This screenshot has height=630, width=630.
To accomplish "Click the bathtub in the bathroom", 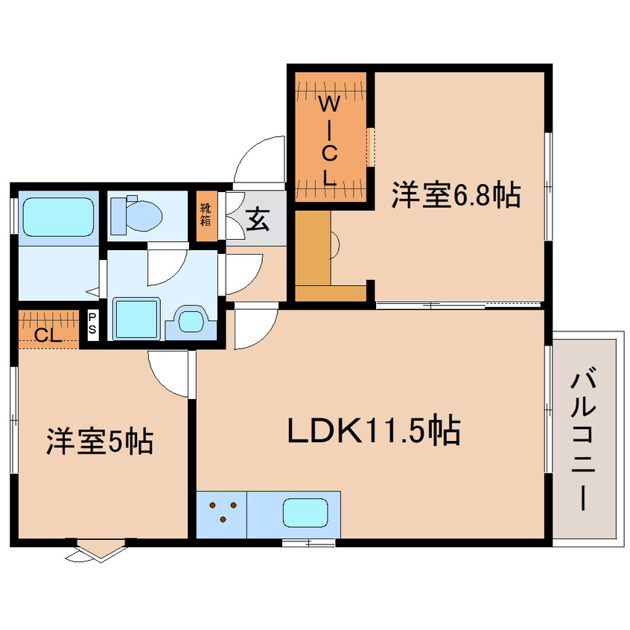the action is pyautogui.click(x=59, y=217).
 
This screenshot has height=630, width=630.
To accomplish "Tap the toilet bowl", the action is pyautogui.click(x=144, y=217).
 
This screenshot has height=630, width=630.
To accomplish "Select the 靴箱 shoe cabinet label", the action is pyautogui.click(x=206, y=214).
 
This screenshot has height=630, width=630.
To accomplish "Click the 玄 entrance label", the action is pyautogui.click(x=257, y=220).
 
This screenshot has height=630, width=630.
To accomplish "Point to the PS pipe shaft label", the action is pyautogui.click(x=92, y=324).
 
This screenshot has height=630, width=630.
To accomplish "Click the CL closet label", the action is pyautogui.click(x=48, y=334).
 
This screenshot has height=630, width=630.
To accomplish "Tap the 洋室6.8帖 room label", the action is pyautogui.click(x=456, y=196).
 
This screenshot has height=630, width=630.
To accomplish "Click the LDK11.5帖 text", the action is pyautogui.click(x=374, y=430).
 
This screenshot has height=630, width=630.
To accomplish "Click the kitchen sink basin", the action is pyautogui.click(x=305, y=512).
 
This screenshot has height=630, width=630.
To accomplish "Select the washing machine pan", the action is pyautogui.click(x=136, y=319).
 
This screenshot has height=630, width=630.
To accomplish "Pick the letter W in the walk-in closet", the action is pyautogui.click(x=329, y=105).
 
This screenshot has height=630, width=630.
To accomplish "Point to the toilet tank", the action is pyautogui.click(x=118, y=217).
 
